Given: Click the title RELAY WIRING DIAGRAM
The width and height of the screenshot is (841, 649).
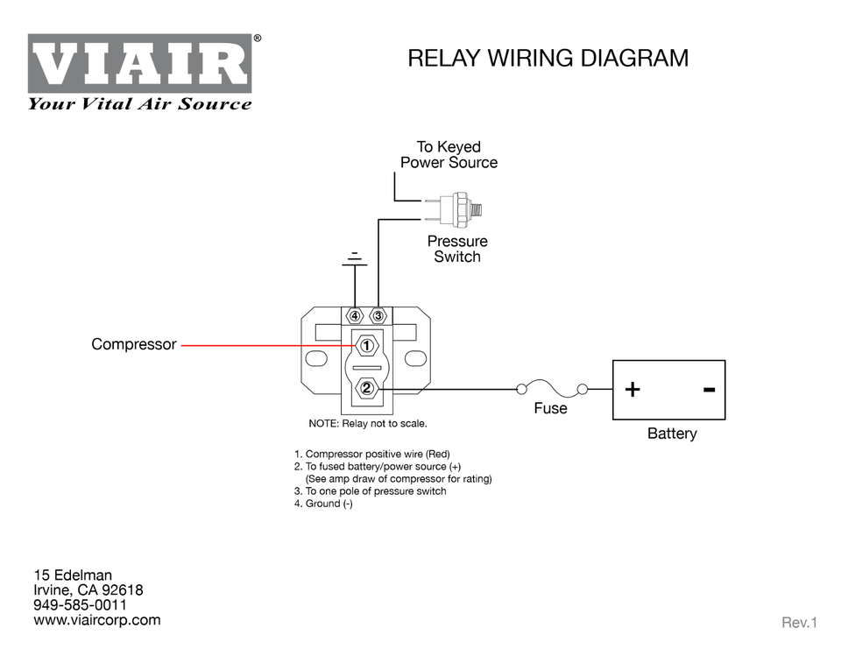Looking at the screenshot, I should pyautogui.click(x=548, y=59).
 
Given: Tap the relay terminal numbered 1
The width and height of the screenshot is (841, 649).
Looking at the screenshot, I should pyautogui.click(x=367, y=346).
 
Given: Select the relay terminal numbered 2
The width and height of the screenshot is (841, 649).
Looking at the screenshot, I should pyautogui.click(x=367, y=388).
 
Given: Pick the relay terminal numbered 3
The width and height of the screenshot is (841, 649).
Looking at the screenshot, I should pyautogui.click(x=378, y=315).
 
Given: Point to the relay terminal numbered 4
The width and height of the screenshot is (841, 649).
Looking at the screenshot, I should pyautogui.click(x=355, y=315).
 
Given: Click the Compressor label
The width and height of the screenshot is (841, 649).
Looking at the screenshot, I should pyautogui.click(x=133, y=345).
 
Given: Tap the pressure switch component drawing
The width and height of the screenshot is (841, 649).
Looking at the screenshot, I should pyautogui.click(x=456, y=208).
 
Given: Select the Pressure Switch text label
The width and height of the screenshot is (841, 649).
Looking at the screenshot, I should pyautogui.click(x=456, y=249).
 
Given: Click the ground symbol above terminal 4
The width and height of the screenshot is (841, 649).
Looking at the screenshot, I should pyautogui.click(x=354, y=258).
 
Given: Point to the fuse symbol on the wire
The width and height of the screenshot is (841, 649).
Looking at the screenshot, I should pyautogui.click(x=550, y=387).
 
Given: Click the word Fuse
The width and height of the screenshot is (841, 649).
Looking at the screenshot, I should pyautogui.click(x=550, y=408).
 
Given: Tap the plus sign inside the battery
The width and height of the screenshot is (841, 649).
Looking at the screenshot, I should pyautogui.click(x=633, y=389).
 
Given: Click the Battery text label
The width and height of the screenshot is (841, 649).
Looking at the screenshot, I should pyautogui.click(x=671, y=434).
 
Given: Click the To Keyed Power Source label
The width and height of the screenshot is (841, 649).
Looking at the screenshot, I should pyautogui.click(x=449, y=154).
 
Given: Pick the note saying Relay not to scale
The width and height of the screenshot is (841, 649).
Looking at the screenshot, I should pyautogui.click(x=367, y=424).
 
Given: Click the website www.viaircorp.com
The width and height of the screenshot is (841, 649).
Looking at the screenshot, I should pyautogui.click(x=96, y=620).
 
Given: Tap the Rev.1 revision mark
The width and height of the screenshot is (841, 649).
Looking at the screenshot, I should pyautogui.click(x=798, y=623).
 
